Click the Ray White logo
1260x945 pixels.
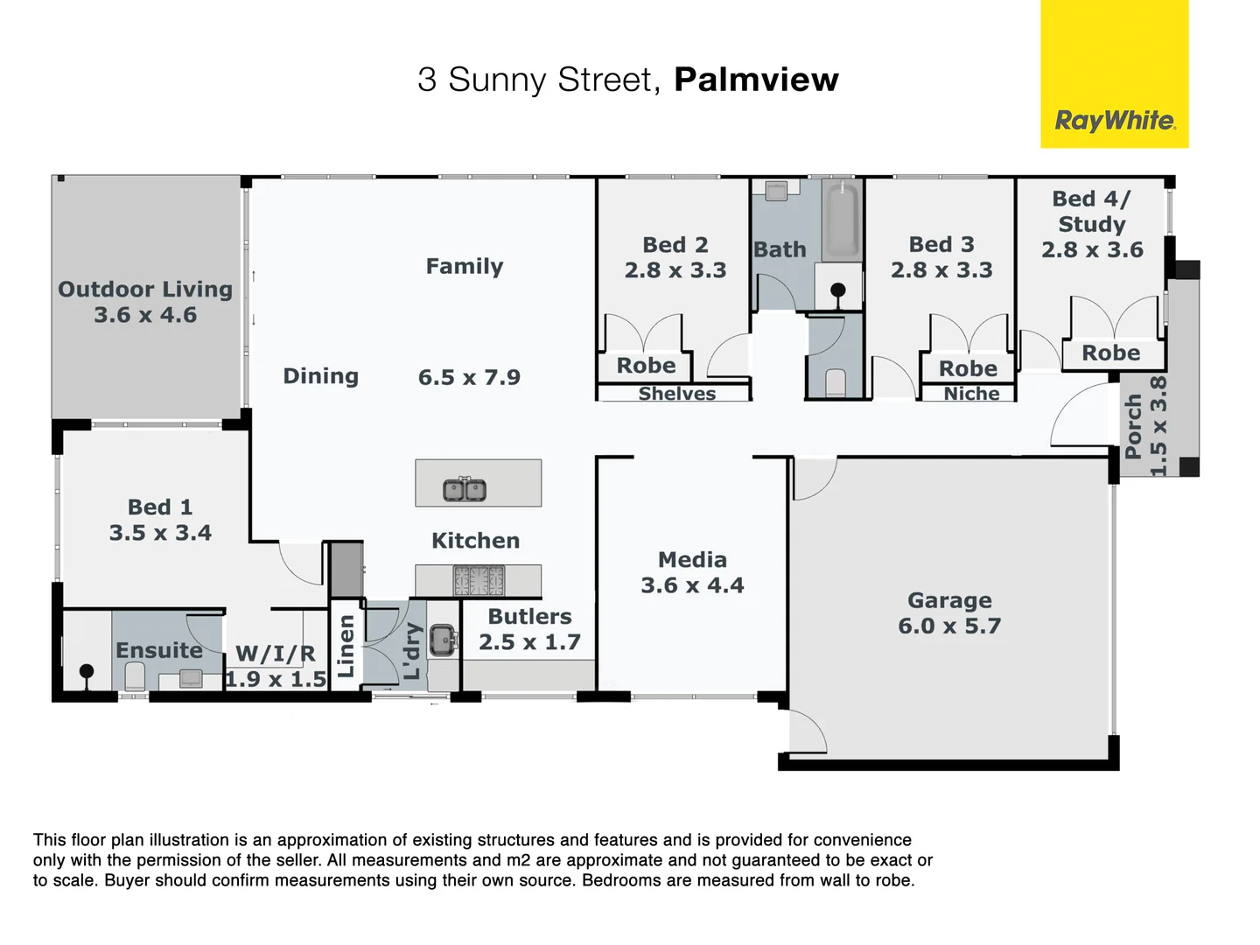point(1114,120)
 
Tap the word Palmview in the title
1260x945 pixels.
point(756,80)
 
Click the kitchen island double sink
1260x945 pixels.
point(465,490)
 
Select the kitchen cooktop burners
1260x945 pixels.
point(479,580)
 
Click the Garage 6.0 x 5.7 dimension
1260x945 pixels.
point(949,626)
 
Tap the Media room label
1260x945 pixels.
point(692,559)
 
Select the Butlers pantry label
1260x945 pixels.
point(529,616)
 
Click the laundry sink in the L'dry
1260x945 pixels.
point(443,640)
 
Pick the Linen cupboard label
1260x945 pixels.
point(346,646)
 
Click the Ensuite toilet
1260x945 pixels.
point(135,675)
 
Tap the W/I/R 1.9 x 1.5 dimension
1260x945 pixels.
point(276,679)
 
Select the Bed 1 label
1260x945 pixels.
point(160,507)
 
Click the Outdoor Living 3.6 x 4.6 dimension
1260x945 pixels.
point(145,315)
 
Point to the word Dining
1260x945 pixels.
point(320,376)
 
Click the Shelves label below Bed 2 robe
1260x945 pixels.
point(676,394)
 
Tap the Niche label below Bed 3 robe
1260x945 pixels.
point(971,394)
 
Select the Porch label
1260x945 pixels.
point(1134,426)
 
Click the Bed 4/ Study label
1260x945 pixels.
point(1091,212)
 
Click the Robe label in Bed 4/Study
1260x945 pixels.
point(1110,353)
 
